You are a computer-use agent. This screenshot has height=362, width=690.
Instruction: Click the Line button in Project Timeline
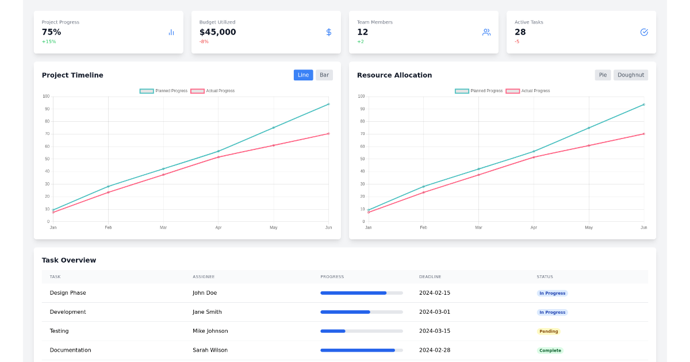click(x=303, y=75)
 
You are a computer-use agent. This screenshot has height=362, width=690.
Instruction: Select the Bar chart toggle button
click(x=324, y=75)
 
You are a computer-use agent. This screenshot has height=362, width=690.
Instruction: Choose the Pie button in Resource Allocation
click(x=603, y=75)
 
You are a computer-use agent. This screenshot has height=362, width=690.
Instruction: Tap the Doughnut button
click(x=630, y=75)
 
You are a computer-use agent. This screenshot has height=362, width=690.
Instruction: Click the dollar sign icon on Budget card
click(x=329, y=32)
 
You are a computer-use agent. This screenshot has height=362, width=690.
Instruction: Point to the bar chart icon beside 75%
click(x=171, y=32)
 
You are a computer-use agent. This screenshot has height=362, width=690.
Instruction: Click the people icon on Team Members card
click(x=486, y=32)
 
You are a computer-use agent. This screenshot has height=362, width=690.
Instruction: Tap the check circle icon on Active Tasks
click(x=644, y=32)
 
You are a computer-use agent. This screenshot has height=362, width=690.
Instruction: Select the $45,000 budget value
click(x=217, y=32)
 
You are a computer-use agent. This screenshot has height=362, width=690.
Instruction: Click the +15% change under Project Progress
click(x=49, y=42)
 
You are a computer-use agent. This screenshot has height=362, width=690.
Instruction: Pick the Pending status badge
click(x=549, y=332)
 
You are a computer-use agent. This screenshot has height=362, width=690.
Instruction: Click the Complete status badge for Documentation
click(x=550, y=351)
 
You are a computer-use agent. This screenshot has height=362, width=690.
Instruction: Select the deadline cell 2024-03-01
click(x=434, y=312)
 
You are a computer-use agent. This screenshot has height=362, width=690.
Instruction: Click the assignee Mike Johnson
click(x=210, y=331)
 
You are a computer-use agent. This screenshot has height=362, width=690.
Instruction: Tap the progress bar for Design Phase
click(x=361, y=293)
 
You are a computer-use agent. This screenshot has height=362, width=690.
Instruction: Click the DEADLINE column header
click(x=430, y=277)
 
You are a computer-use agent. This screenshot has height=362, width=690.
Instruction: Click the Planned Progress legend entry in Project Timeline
click(x=164, y=91)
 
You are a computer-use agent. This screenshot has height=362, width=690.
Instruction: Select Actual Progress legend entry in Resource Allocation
click(x=528, y=91)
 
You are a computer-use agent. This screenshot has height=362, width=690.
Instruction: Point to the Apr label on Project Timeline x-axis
click(x=218, y=228)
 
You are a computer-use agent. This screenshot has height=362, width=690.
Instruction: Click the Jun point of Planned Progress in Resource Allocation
click(x=643, y=105)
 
